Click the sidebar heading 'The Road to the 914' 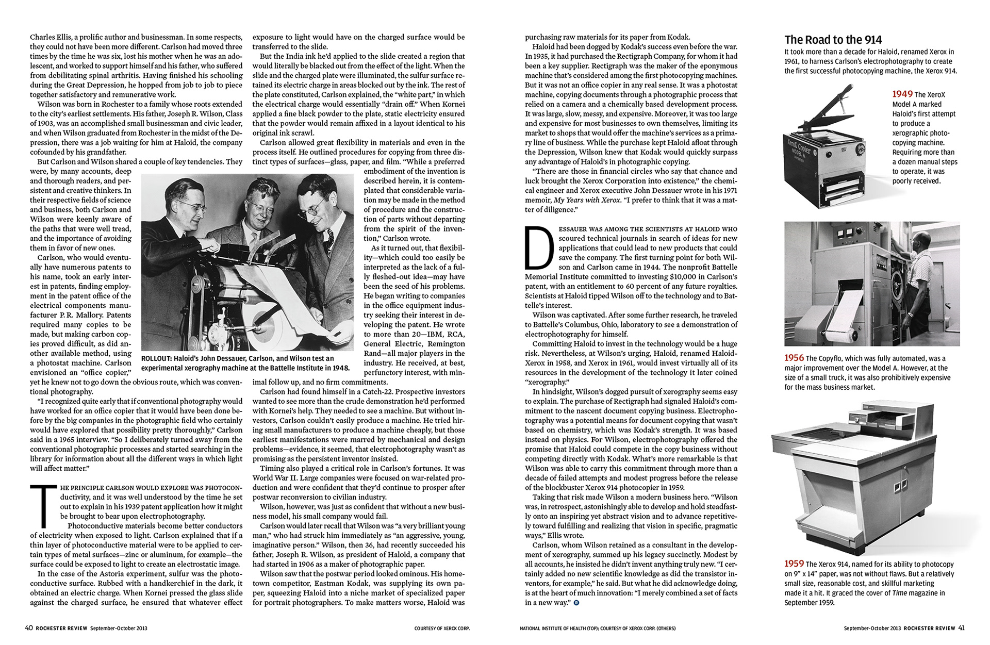click(x=833, y=40)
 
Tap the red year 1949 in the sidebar click(x=902, y=94)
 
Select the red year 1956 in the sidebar click(x=794, y=358)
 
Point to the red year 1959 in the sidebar click(x=794, y=564)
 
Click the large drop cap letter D click(x=539, y=249)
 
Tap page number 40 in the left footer click(x=29, y=628)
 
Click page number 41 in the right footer click(x=961, y=628)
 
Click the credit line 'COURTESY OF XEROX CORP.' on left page click(x=442, y=629)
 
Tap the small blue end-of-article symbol click(x=576, y=603)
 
